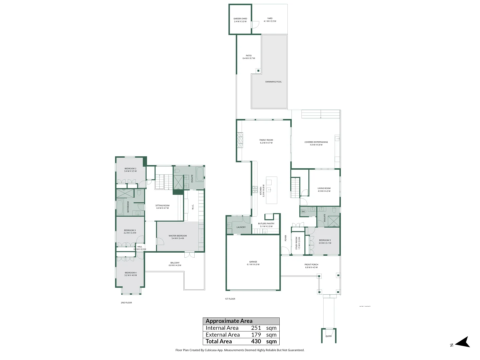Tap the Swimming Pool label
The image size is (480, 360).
(x=273, y=82)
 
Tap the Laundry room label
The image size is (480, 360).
(x=241, y=227)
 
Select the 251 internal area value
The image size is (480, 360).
(x=256, y=328)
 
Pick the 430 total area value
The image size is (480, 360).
(x=256, y=341)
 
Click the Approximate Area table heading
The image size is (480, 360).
(x=229, y=321)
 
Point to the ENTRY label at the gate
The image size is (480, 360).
(x=329, y=336)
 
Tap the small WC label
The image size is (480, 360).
(x=304, y=211)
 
